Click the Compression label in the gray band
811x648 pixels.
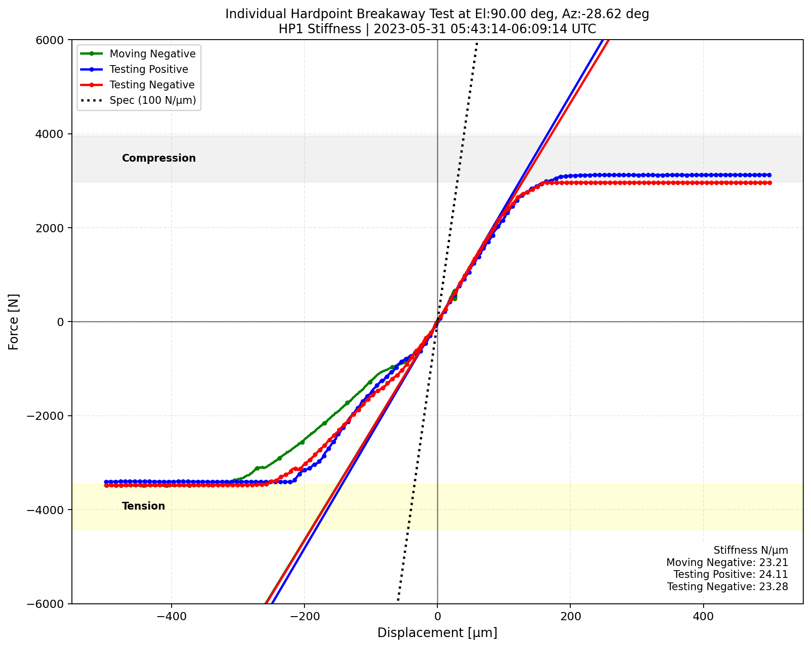[x=159, y=158]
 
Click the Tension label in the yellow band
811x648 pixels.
[x=143, y=506]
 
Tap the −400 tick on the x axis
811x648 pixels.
[x=171, y=617]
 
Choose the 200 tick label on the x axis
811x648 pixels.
[x=570, y=617]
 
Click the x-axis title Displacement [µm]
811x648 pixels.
[x=437, y=633]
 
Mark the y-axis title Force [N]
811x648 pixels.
[x=14, y=321]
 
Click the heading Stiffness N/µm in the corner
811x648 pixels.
[x=750, y=551]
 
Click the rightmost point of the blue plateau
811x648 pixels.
[x=770, y=175]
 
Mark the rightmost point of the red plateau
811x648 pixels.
[x=770, y=183]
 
